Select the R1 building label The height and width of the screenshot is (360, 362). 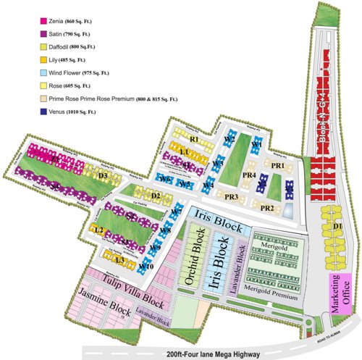pos(193,138)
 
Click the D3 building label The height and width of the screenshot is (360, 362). pos(104,175)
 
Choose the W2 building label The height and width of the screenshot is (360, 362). pos(229,138)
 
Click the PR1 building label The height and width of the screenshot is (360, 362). pos(277,165)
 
